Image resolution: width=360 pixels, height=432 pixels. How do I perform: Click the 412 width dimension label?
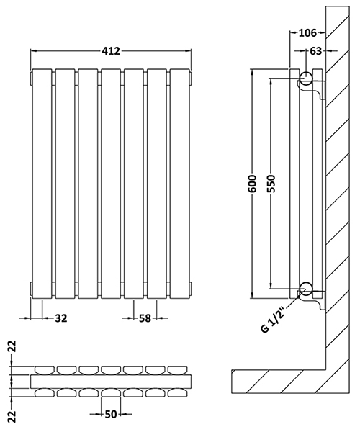click(110, 51)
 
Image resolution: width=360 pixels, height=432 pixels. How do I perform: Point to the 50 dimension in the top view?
click(112, 415)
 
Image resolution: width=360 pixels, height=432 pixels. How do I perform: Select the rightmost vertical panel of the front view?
click(179, 184)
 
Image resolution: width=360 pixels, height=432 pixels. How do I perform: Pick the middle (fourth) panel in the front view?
click(111, 184)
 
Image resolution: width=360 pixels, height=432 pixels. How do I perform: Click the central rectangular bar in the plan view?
click(112, 380)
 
